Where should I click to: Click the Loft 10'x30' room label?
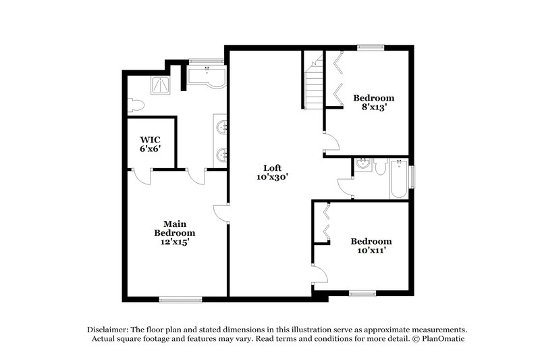272,172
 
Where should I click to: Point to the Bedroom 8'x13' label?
373,102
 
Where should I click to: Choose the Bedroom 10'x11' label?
371,245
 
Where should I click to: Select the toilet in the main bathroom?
134,104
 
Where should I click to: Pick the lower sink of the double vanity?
222,155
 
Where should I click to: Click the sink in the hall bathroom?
362,165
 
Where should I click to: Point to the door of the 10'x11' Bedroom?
320,274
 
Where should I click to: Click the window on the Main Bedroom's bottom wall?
180,299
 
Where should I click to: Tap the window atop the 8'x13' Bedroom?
370,47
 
